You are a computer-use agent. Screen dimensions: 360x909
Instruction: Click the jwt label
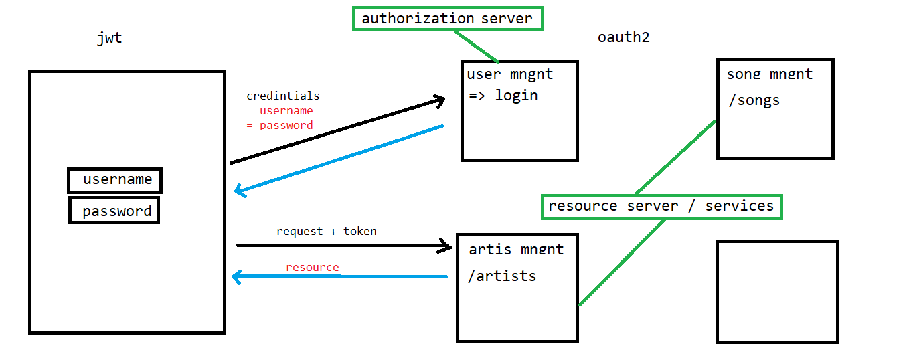pyautogui.click(x=110, y=38)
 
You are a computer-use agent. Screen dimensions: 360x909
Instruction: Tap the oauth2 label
pyautogui.click(x=623, y=37)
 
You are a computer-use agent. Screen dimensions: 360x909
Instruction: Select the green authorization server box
pyautogui.click(x=447, y=19)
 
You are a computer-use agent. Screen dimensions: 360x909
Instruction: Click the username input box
pyautogui.click(x=115, y=180)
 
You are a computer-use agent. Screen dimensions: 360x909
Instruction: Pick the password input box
pyautogui.click(x=114, y=211)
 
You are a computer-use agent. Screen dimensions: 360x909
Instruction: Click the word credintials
pyautogui.click(x=282, y=96)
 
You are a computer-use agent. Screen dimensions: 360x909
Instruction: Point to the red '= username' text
pyautogui.click(x=280, y=110)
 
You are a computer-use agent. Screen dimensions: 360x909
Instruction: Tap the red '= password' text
pyautogui.click(x=280, y=124)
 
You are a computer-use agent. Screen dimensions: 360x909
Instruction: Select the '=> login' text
pyautogui.click(x=503, y=95)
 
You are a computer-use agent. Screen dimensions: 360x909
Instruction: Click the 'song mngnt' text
pyautogui.click(x=769, y=74)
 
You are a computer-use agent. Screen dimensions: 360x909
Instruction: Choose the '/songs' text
pyautogui.click(x=754, y=100)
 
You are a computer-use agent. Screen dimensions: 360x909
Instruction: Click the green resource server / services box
pyautogui.click(x=661, y=206)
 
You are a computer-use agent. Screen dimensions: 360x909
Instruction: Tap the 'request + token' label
pyautogui.click(x=326, y=231)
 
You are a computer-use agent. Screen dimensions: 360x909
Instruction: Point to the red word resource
pyautogui.click(x=312, y=267)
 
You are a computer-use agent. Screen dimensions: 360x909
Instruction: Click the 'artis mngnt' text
pyautogui.click(x=516, y=249)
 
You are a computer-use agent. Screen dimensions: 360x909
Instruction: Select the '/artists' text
pyautogui.click(x=501, y=275)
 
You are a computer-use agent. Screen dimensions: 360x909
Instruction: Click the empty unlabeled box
pyautogui.click(x=776, y=291)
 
